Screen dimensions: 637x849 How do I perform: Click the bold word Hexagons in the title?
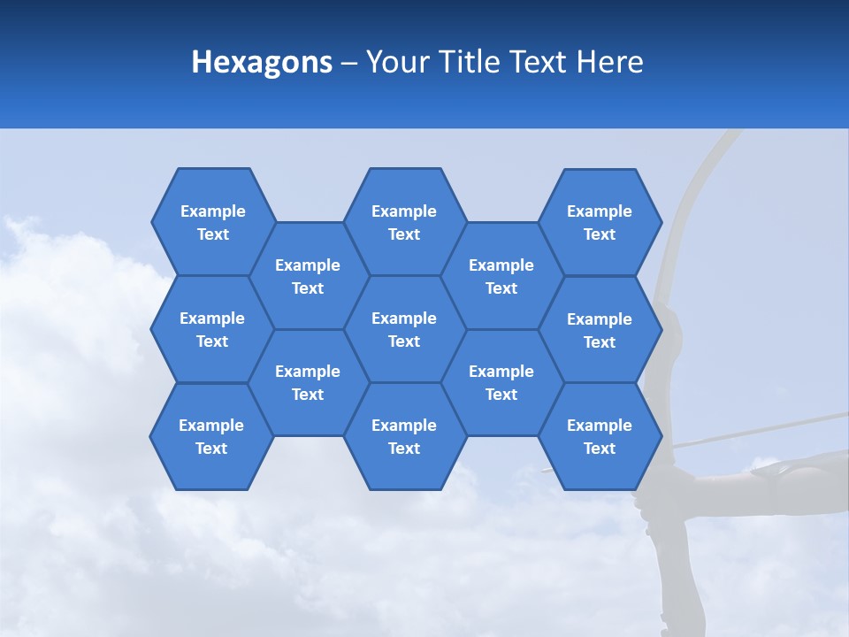pos(262,62)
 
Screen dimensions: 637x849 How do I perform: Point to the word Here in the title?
pos(610,62)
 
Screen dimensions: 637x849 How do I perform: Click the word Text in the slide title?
pos(539,62)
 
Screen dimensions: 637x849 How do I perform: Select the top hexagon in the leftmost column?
pos(212,222)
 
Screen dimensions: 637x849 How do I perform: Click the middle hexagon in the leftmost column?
pos(212,329)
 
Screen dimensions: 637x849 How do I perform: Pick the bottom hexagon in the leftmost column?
pos(211,436)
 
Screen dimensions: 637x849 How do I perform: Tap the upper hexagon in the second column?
pos(308,276)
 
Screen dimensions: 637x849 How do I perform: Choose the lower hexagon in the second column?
pos(308,382)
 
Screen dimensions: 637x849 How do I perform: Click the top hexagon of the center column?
pos(404,222)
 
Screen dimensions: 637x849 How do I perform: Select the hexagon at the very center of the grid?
pos(404,329)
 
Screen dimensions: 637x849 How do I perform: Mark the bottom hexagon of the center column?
pos(404,436)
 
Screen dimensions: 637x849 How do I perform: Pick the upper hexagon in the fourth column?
pos(501,276)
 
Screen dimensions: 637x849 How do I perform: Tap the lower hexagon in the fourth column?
pos(501,382)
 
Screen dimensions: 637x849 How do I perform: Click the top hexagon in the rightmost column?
pos(600,222)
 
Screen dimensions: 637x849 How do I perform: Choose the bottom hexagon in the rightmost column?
pos(600,436)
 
